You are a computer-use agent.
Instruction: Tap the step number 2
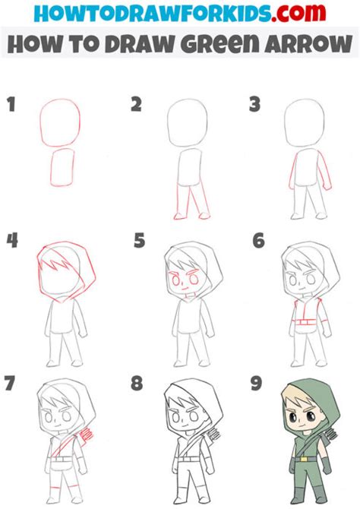[136, 104]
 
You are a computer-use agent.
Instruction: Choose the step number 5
[137, 241]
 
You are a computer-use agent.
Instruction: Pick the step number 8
[137, 383]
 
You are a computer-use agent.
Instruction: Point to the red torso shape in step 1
[63, 166]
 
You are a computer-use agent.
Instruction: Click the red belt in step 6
[305, 324]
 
